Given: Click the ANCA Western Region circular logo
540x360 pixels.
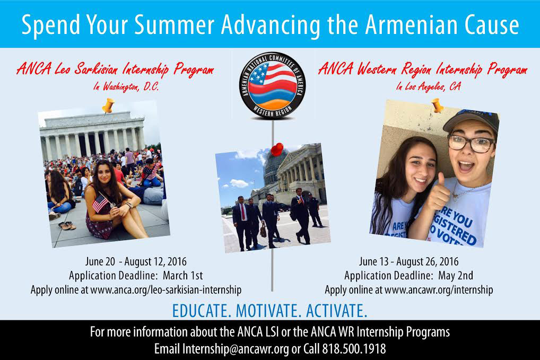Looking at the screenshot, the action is tap(272, 85).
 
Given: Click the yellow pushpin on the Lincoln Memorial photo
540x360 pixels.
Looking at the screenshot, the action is tap(108, 106).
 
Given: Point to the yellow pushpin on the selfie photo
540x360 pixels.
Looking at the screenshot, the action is tap(438, 105).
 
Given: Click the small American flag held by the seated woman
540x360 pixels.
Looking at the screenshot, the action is tap(101, 203).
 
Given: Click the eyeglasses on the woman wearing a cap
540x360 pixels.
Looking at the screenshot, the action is tap(471, 143).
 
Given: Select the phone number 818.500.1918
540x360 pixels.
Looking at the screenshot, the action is tap(354, 349).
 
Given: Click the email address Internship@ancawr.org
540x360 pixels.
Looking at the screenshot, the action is tap(236, 349).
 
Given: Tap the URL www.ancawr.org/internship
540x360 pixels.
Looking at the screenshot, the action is tap(438, 290).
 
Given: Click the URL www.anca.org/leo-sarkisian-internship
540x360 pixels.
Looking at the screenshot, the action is tap(166, 290).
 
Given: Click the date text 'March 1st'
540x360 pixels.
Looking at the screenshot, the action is tap(183, 275).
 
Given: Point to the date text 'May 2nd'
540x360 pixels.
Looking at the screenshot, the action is tap(455, 275).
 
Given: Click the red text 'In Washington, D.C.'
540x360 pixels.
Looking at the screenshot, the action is tap(126, 86).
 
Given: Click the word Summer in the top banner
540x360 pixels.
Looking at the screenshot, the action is tap(174, 25).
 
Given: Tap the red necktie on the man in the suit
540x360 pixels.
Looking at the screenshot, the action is tap(243, 212).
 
